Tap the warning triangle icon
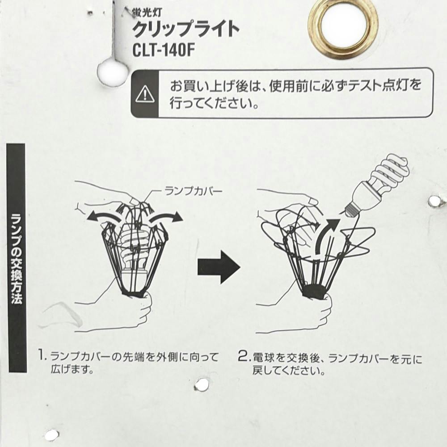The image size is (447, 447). pyautogui.click(x=145, y=94)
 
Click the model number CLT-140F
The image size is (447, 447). pyautogui.click(x=164, y=51)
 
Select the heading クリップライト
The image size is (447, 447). pyautogui.click(x=186, y=30)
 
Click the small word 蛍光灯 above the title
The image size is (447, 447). pyautogui.click(x=147, y=12)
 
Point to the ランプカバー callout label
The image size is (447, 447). pyautogui.click(x=193, y=191)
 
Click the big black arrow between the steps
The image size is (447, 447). pyautogui.click(x=219, y=267)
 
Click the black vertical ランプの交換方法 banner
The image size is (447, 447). pyautogui.click(x=17, y=258)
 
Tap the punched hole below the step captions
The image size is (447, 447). pyautogui.click(x=202, y=384)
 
